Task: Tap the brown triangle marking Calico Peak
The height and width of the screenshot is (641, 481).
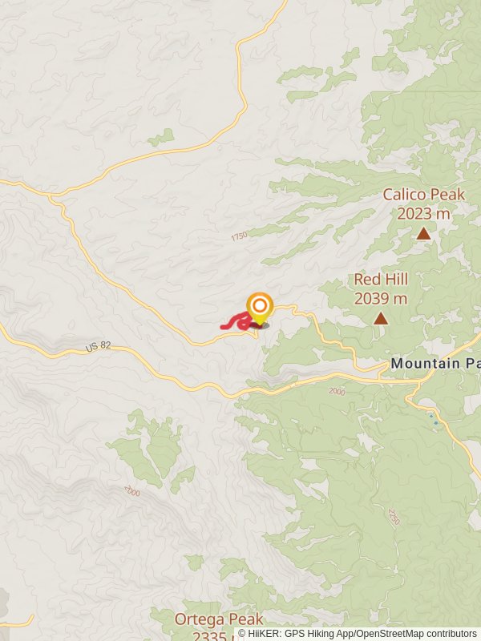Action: pyautogui.click(x=422, y=234)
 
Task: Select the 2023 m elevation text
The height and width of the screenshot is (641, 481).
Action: pyautogui.click(x=423, y=214)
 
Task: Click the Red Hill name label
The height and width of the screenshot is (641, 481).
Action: pyautogui.click(x=381, y=280)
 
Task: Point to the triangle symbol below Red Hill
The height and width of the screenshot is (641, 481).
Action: pyautogui.click(x=381, y=318)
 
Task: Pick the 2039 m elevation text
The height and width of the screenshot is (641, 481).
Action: pyautogui.click(x=381, y=299)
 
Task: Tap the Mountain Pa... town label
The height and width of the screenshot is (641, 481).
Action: pyautogui.click(x=435, y=363)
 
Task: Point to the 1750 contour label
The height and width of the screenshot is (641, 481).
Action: pyautogui.click(x=239, y=236)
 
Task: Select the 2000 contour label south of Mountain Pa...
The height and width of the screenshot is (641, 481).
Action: pyautogui.click(x=336, y=390)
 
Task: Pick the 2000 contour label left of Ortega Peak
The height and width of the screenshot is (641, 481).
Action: pyautogui.click(x=132, y=491)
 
